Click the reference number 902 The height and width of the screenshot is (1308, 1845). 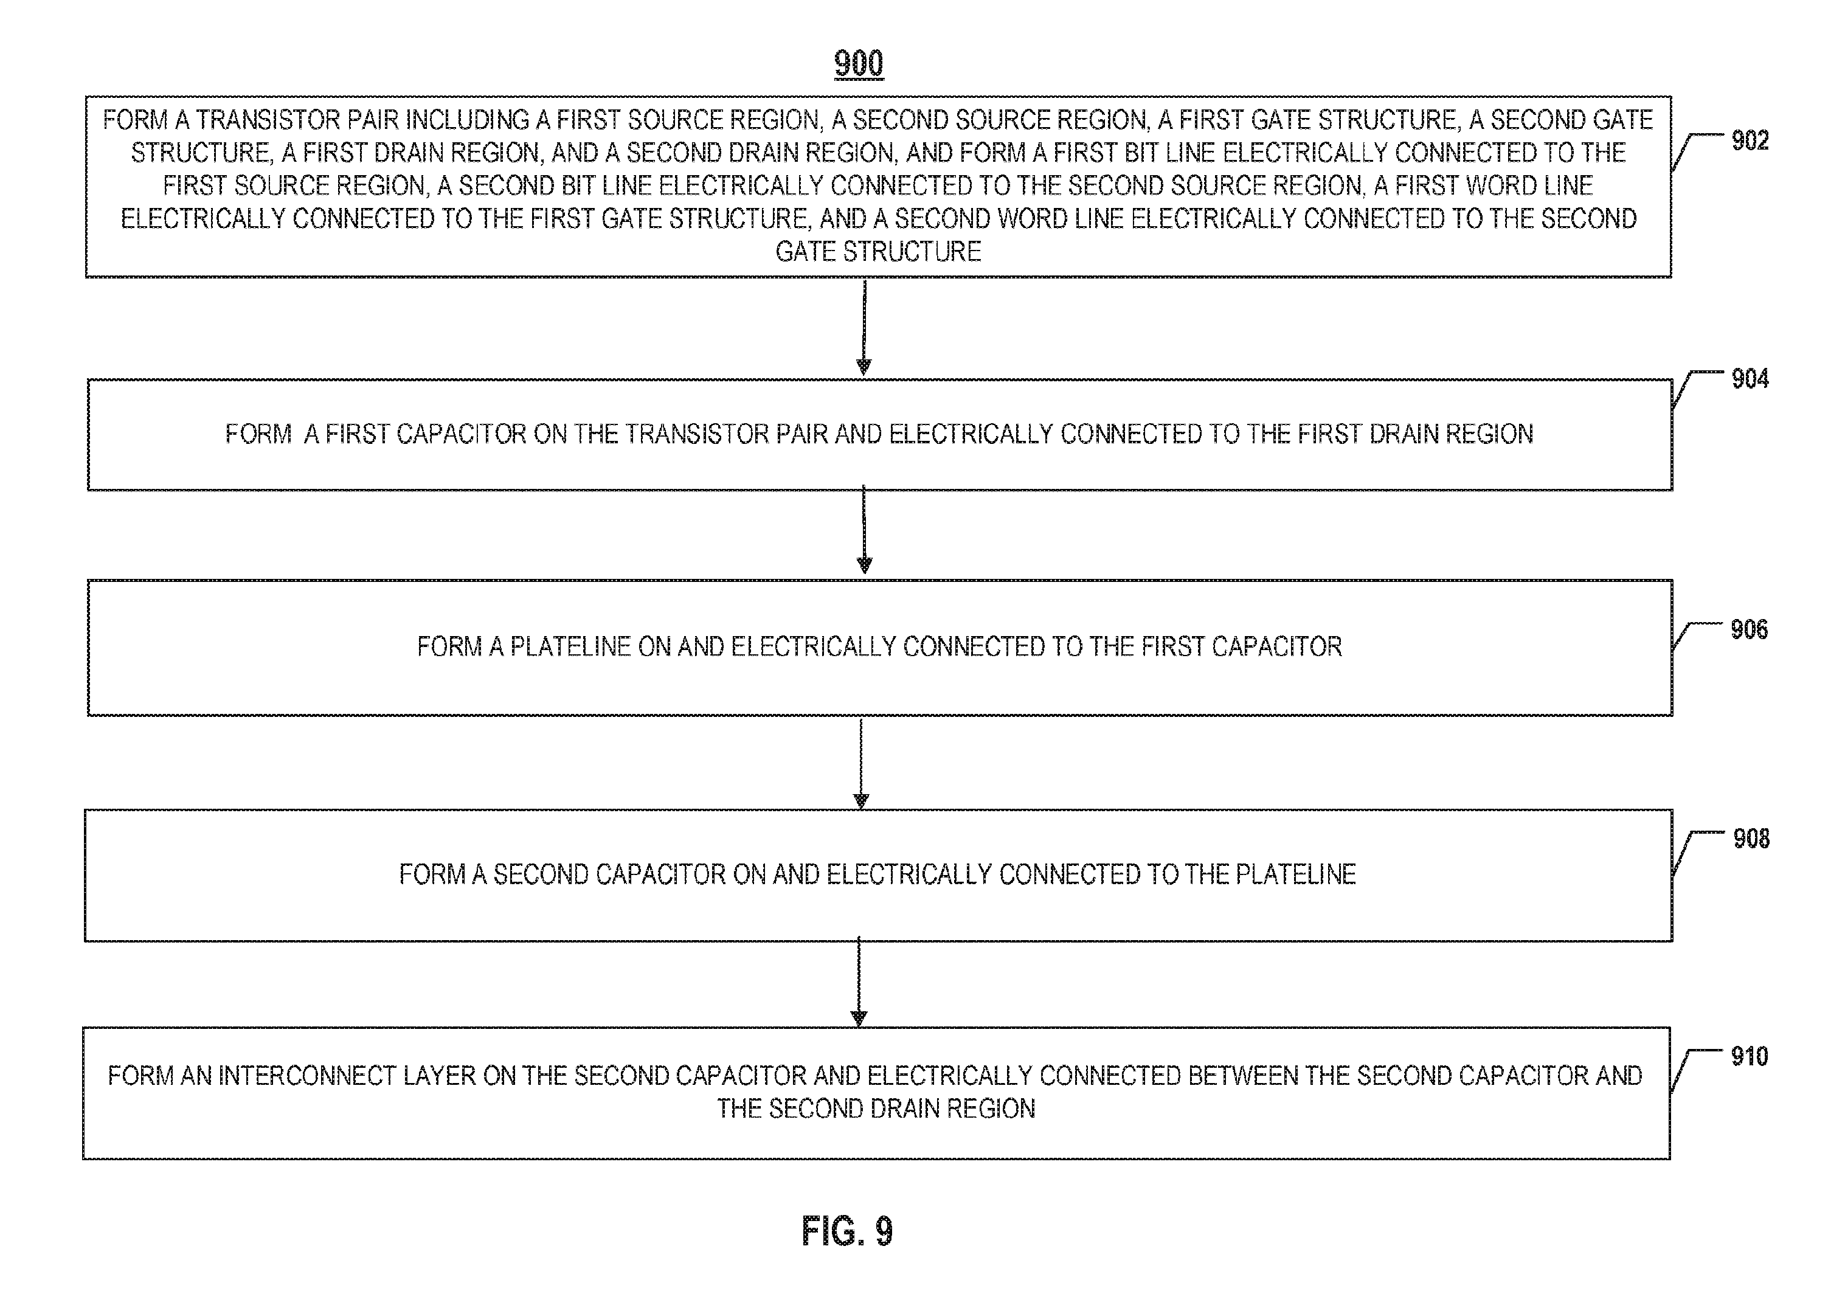[x=1750, y=141]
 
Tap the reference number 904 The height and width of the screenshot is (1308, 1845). [x=1750, y=379]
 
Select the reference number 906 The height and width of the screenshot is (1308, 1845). [x=1749, y=629]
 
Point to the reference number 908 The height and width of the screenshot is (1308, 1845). [x=1751, y=839]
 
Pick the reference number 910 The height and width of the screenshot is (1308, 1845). [x=1749, y=1056]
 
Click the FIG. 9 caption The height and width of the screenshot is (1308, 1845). [x=847, y=1231]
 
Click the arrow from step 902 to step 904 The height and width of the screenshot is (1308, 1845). [x=864, y=328]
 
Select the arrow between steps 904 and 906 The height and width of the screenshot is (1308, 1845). [x=864, y=529]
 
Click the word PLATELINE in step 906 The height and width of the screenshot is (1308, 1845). [x=570, y=647]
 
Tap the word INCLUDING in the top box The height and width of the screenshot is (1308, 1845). [x=467, y=120]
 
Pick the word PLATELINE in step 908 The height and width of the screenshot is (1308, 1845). [x=1296, y=874]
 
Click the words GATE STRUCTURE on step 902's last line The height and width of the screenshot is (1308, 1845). [x=879, y=252]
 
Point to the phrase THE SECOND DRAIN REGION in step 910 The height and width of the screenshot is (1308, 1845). [x=876, y=1109]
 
